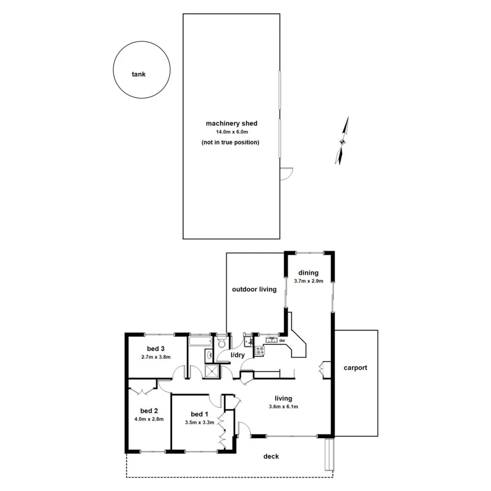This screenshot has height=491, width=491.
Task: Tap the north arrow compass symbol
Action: [x=342, y=141]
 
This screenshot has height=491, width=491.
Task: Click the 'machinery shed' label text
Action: [x=231, y=123]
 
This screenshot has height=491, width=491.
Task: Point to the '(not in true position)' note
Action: [x=230, y=142]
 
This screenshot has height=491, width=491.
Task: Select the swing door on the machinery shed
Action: [x=286, y=174]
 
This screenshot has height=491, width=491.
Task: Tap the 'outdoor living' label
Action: [x=254, y=289]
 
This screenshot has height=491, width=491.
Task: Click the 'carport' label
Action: [x=355, y=368]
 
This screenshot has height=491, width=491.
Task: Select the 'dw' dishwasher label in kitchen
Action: [x=282, y=341]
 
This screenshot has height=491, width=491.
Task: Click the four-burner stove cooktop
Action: [x=260, y=351]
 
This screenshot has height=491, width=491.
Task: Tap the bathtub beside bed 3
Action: [x=200, y=341]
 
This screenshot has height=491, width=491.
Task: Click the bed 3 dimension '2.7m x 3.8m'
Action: [x=156, y=357]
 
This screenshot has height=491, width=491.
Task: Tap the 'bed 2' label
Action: [x=149, y=411]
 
